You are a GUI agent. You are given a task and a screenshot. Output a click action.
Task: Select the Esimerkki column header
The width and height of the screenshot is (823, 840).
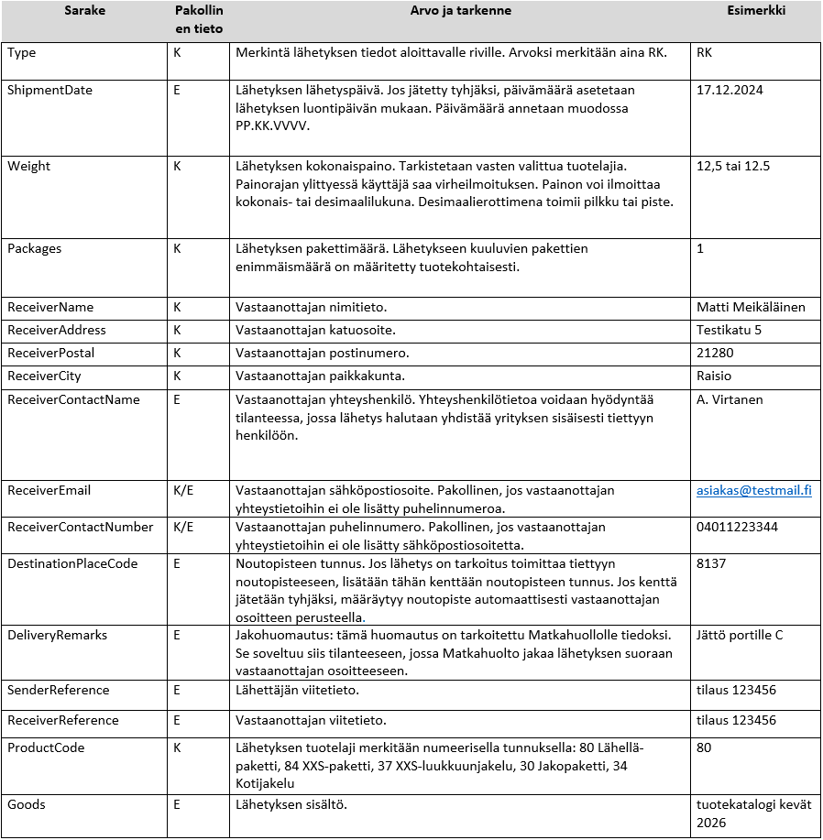(x=755, y=11)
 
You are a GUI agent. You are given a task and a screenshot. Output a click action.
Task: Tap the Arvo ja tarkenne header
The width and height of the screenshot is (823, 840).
(x=461, y=11)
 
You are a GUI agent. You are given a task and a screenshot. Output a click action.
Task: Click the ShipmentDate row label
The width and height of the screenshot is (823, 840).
(x=49, y=91)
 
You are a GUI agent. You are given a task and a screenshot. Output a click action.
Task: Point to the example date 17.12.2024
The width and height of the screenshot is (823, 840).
(x=730, y=91)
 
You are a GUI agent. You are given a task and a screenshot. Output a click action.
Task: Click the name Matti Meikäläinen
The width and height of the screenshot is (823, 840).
(x=751, y=308)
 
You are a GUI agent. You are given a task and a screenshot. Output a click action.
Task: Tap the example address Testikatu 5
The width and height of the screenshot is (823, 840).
(x=729, y=330)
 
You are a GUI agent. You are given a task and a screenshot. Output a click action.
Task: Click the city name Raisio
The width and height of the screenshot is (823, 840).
(x=714, y=376)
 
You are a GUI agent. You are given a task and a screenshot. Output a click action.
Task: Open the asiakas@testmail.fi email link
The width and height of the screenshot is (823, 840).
(x=753, y=491)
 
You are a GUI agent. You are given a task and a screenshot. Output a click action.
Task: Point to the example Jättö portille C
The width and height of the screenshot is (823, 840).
(x=740, y=636)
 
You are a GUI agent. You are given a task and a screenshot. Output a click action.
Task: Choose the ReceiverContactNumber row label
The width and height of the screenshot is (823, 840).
(x=80, y=528)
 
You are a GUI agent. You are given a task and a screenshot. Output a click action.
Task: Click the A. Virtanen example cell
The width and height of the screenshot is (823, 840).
(x=730, y=399)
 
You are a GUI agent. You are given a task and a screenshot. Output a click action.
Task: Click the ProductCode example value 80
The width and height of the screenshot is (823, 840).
(x=704, y=748)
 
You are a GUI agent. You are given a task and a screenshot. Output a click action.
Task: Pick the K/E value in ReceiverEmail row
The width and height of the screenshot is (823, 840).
(x=183, y=491)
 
